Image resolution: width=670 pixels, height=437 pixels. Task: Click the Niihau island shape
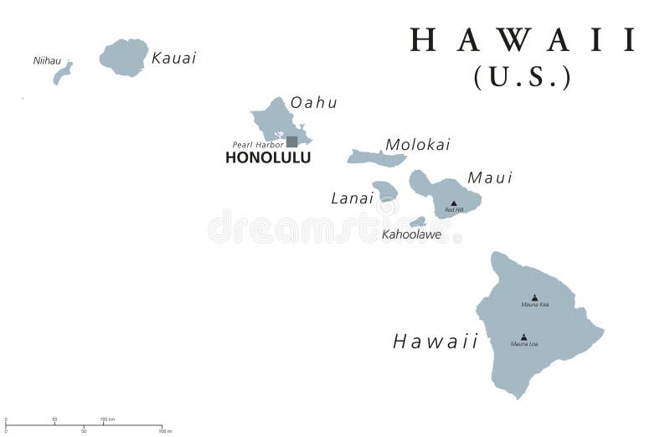pos(62,74)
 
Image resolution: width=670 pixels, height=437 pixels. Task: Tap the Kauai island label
pos(174,58)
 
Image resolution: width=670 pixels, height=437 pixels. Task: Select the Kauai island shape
pos(124,56)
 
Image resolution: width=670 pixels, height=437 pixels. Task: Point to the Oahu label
pos(314,103)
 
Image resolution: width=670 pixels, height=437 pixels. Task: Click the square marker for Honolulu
pos(291,141)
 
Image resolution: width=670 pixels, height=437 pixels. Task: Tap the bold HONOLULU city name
pos(268,157)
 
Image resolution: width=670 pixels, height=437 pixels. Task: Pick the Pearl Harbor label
pos(258,145)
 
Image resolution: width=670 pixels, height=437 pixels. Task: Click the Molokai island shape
pos(376,157)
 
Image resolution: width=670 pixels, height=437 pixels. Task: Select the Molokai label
pos(417,145)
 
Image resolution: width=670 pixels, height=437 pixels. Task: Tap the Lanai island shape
pos(385,191)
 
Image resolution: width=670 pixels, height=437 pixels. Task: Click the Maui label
pos(490,177)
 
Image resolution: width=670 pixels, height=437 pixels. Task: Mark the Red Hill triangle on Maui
pos(454,203)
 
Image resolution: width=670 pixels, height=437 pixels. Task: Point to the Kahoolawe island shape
pos(417,222)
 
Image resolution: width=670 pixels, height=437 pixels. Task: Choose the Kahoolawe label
pos(411,234)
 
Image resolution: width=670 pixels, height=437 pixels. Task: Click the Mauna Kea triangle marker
pos(534,297)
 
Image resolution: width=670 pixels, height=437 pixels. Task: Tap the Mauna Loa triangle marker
pos(523,337)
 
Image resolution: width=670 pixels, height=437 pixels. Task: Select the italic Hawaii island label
pos(435,341)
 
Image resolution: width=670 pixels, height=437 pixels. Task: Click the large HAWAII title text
pos(523,40)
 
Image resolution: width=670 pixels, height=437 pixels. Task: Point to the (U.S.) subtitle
pos(523,77)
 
